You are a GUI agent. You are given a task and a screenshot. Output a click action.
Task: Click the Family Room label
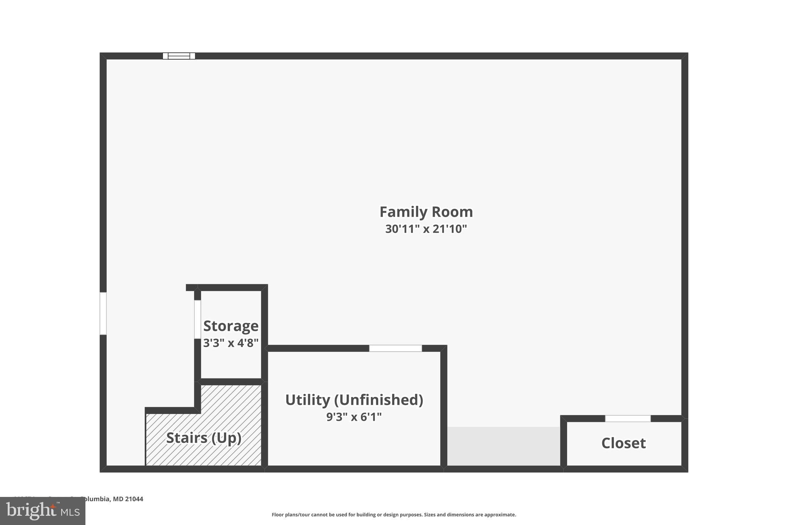click(426, 212)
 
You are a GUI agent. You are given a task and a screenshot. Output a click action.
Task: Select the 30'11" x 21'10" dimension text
click(426, 229)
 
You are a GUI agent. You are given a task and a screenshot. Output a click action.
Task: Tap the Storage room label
click(230, 326)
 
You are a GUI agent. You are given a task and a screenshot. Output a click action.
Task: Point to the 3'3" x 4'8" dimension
click(230, 343)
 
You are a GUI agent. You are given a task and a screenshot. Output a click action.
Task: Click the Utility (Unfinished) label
click(354, 400)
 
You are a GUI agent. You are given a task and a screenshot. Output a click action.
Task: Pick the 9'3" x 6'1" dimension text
click(354, 417)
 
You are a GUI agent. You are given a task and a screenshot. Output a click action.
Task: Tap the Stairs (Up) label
click(204, 438)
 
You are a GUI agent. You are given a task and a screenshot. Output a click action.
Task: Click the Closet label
click(623, 443)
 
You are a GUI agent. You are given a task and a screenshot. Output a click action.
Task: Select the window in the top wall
click(179, 56)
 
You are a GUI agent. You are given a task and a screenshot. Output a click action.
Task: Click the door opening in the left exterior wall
click(103, 313)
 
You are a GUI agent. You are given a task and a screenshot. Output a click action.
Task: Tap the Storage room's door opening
click(197, 319)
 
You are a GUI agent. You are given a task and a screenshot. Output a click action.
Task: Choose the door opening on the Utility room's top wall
click(396, 348)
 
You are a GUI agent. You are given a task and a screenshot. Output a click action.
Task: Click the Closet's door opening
click(628, 418)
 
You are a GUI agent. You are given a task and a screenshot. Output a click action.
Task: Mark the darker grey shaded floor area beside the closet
click(503, 446)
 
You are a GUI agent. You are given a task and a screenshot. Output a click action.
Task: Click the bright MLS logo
click(42, 511)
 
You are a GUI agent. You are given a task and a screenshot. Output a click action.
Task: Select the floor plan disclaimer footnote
click(394, 515)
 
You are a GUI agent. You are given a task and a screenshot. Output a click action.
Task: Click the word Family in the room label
click(403, 212)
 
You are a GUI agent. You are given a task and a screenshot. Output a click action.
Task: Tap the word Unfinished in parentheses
click(378, 400)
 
